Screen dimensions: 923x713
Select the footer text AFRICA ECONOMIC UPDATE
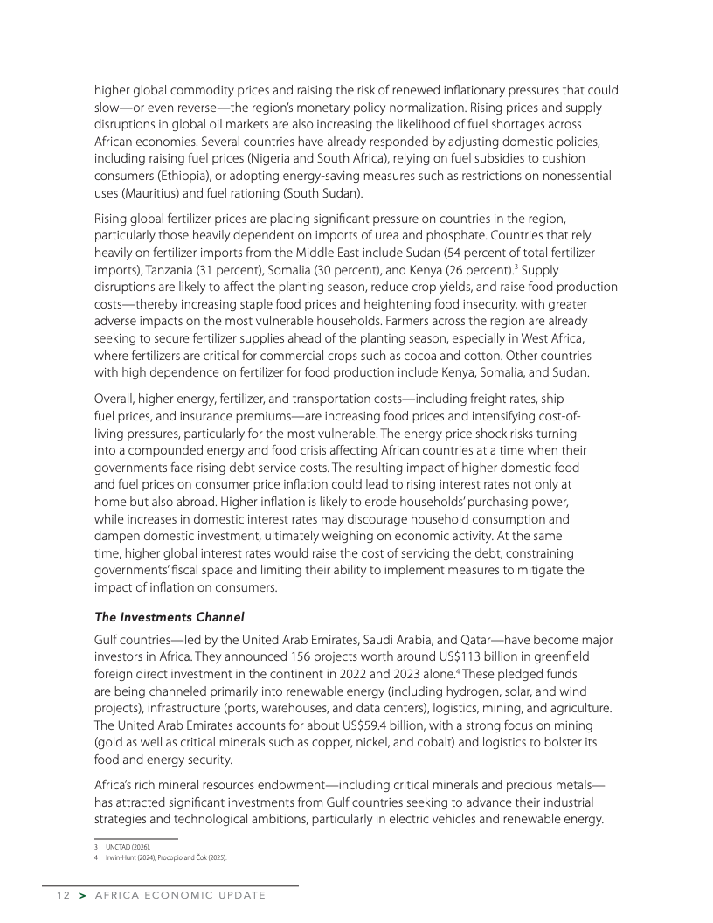(179, 896)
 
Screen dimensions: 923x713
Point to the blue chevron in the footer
(80, 896)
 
